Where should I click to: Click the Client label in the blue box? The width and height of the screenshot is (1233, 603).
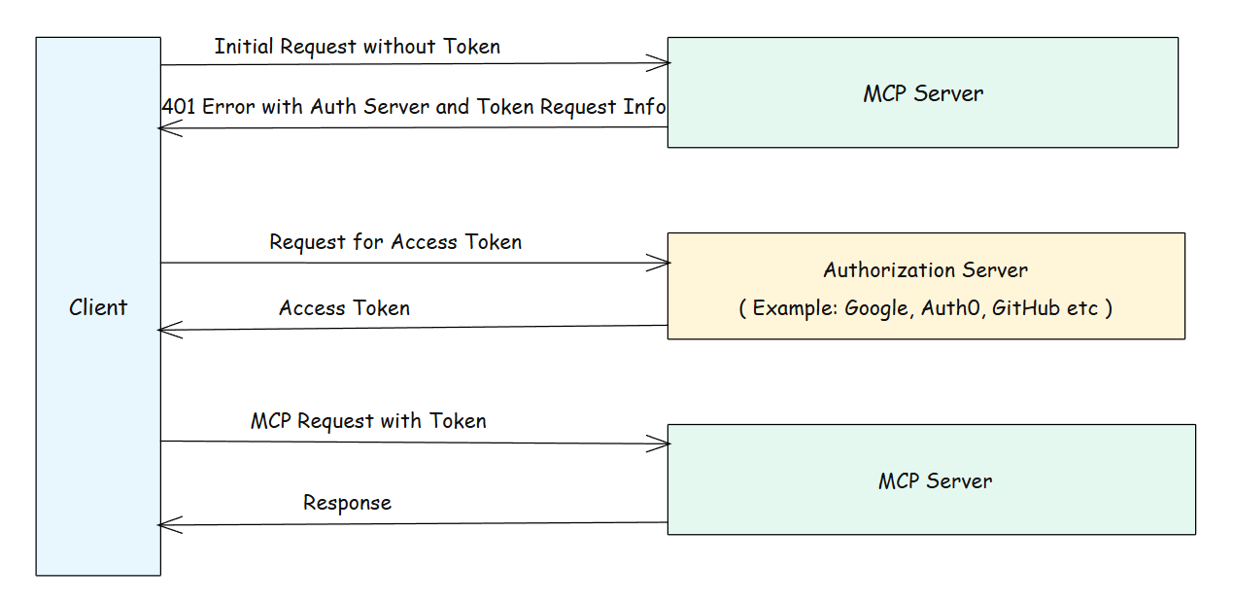98,307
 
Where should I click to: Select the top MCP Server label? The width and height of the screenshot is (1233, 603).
923,93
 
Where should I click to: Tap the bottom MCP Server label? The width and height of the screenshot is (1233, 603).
935,480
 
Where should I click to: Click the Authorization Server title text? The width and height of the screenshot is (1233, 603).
925,270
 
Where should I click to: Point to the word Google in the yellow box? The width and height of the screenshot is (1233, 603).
874,308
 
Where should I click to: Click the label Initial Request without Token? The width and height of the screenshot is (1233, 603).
357,46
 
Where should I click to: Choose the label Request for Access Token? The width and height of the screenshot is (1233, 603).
395,242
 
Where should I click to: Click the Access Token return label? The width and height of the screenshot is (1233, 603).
344,308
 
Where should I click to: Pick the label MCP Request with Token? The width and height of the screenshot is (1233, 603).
368,421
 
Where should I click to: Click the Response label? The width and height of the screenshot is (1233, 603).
347,503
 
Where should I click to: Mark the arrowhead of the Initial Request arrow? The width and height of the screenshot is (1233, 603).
663,64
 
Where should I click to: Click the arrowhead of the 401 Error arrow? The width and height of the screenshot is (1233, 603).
166,128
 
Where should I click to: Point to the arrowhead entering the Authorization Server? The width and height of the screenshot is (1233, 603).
663,263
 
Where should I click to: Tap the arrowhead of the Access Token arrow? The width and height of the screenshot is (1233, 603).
166,331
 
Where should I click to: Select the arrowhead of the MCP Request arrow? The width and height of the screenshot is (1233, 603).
663,443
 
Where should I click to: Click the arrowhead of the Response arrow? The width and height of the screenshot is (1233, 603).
166,525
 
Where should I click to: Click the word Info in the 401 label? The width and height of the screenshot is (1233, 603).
644,106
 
